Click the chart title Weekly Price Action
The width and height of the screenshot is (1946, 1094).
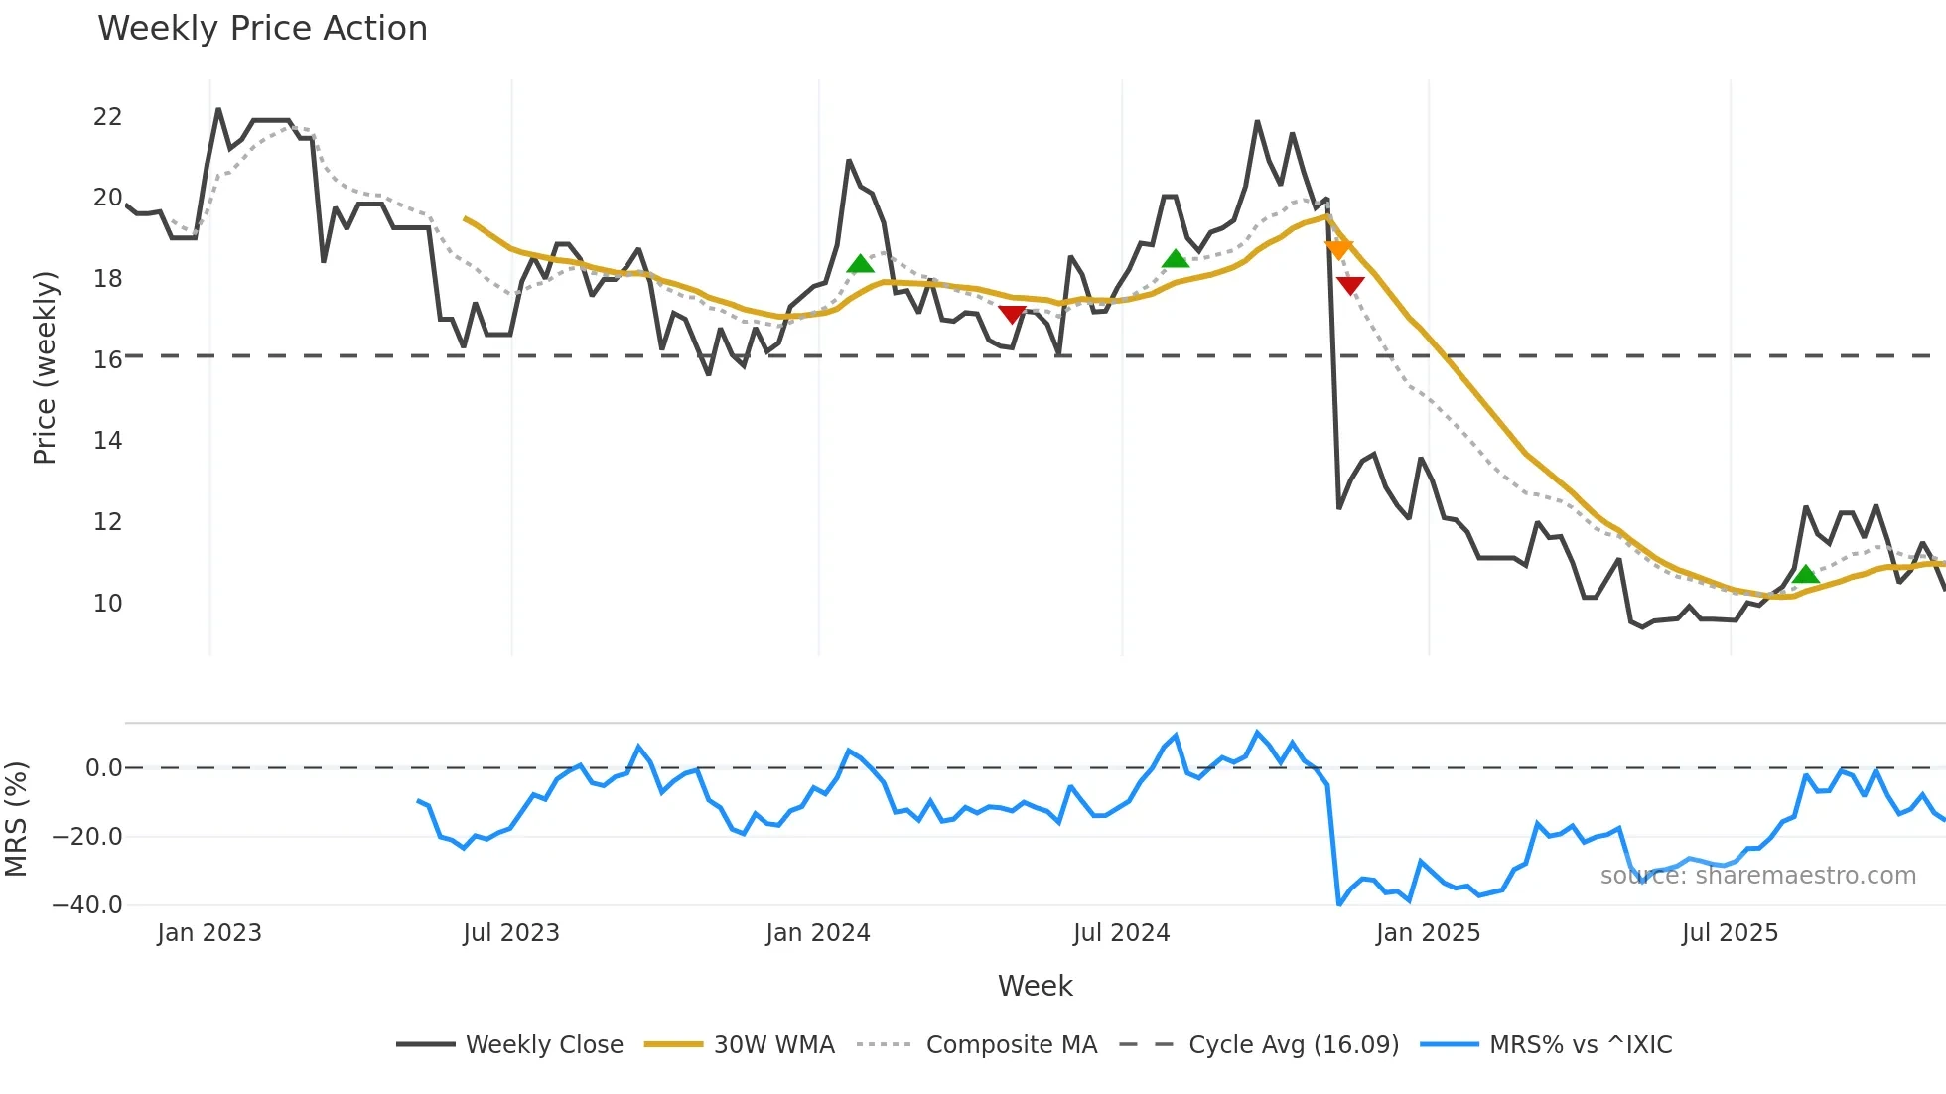pyautogui.click(x=262, y=29)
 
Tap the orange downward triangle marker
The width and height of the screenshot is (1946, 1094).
pyautogui.click(x=1338, y=249)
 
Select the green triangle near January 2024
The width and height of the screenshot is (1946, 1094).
pyautogui.click(x=860, y=264)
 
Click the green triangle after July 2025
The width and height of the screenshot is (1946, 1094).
pyautogui.click(x=1805, y=575)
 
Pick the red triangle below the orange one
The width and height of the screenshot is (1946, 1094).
pyautogui.click(x=1350, y=286)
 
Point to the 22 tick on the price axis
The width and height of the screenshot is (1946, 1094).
pyautogui.click(x=107, y=117)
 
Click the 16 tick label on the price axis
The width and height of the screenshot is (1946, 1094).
pyautogui.click(x=107, y=360)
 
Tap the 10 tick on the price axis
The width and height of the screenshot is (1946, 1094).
pyautogui.click(x=107, y=604)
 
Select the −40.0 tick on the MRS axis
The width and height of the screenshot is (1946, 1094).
pyautogui.click(x=87, y=905)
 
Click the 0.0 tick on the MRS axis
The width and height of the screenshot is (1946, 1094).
pyautogui.click(x=103, y=768)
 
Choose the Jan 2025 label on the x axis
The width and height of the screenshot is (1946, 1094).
pyautogui.click(x=1428, y=933)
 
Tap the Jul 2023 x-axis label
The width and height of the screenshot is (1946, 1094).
pyautogui.click(x=511, y=933)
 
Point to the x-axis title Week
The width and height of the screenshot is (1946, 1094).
pyautogui.click(x=1035, y=986)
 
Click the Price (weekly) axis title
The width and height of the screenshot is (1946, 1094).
pyautogui.click(x=45, y=367)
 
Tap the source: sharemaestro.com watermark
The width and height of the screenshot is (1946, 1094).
pyautogui.click(x=1757, y=876)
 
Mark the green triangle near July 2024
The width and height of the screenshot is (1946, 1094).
pyautogui.click(x=1175, y=259)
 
